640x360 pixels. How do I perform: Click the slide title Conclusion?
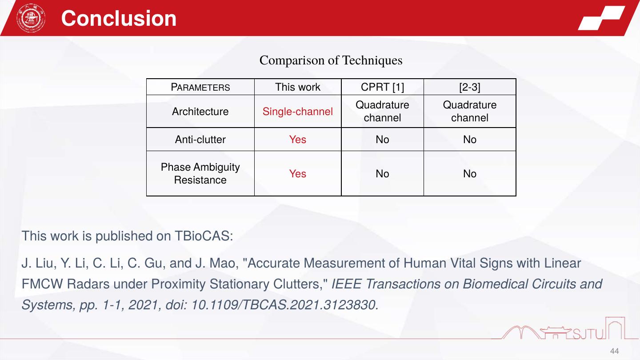click(x=119, y=18)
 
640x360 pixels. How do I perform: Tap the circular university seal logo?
click(x=31, y=18)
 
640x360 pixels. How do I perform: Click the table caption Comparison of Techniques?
click(x=331, y=60)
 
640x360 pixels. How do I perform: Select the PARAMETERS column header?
click(x=200, y=87)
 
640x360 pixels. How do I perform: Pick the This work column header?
click(x=298, y=87)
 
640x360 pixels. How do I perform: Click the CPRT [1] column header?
click(x=382, y=87)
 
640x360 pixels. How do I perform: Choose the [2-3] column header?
click(x=470, y=87)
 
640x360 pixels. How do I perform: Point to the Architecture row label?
click(x=200, y=112)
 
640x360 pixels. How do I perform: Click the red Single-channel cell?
click(x=298, y=112)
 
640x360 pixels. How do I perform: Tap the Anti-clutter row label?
click(x=200, y=140)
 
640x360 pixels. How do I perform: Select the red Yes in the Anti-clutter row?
click(x=298, y=140)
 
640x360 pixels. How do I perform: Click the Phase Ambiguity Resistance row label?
click(x=200, y=173)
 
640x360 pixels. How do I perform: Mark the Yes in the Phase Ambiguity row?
click(x=298, y=174)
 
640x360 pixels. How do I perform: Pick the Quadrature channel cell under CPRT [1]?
click(x=382, y=112)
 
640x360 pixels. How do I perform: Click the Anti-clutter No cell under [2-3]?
click(x=470, y=140)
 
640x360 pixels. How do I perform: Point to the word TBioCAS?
click(x=204, y=236)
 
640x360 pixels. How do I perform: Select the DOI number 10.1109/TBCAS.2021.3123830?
click(x=285, y=305)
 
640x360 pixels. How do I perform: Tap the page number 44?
click(x=615, y=351)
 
